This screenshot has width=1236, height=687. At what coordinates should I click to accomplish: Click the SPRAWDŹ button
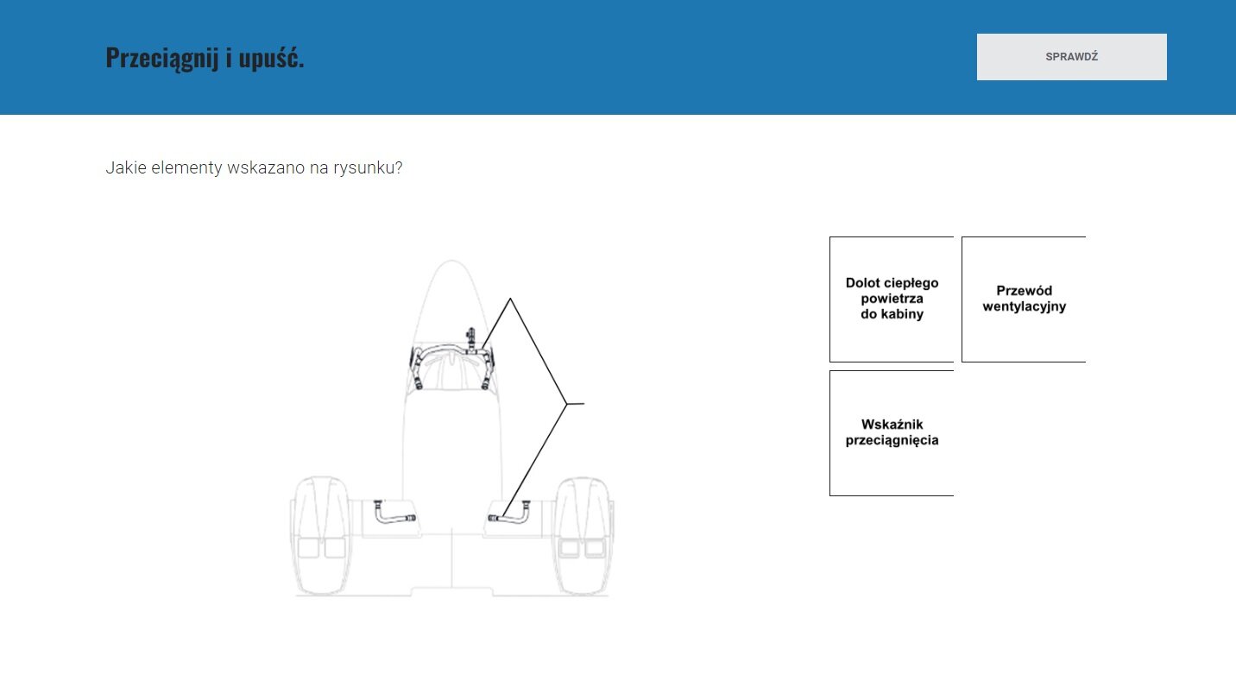click(x=1071, y=57)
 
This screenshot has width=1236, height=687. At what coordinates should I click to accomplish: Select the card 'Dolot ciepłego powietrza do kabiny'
click(x=892, y=299)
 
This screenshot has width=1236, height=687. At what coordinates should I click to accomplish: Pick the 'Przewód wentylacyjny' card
click(x=1025, y=299)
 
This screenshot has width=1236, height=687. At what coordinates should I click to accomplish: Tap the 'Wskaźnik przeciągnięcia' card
click(x=892, y=433)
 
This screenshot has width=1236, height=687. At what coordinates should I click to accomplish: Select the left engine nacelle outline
click(x=320, y=536)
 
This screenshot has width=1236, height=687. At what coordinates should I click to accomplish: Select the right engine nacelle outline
click(x=583, y=536)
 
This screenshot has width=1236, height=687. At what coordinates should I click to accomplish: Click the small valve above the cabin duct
click(x=470, y=337)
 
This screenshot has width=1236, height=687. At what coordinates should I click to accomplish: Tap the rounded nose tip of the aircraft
click(x=451, y=261)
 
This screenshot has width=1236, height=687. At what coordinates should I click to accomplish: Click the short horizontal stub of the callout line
click(x=576, y=404)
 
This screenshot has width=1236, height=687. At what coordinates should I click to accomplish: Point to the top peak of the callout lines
click(x=510, y=299)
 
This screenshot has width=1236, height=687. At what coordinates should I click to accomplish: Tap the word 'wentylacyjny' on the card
click(x=1025, y=306)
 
